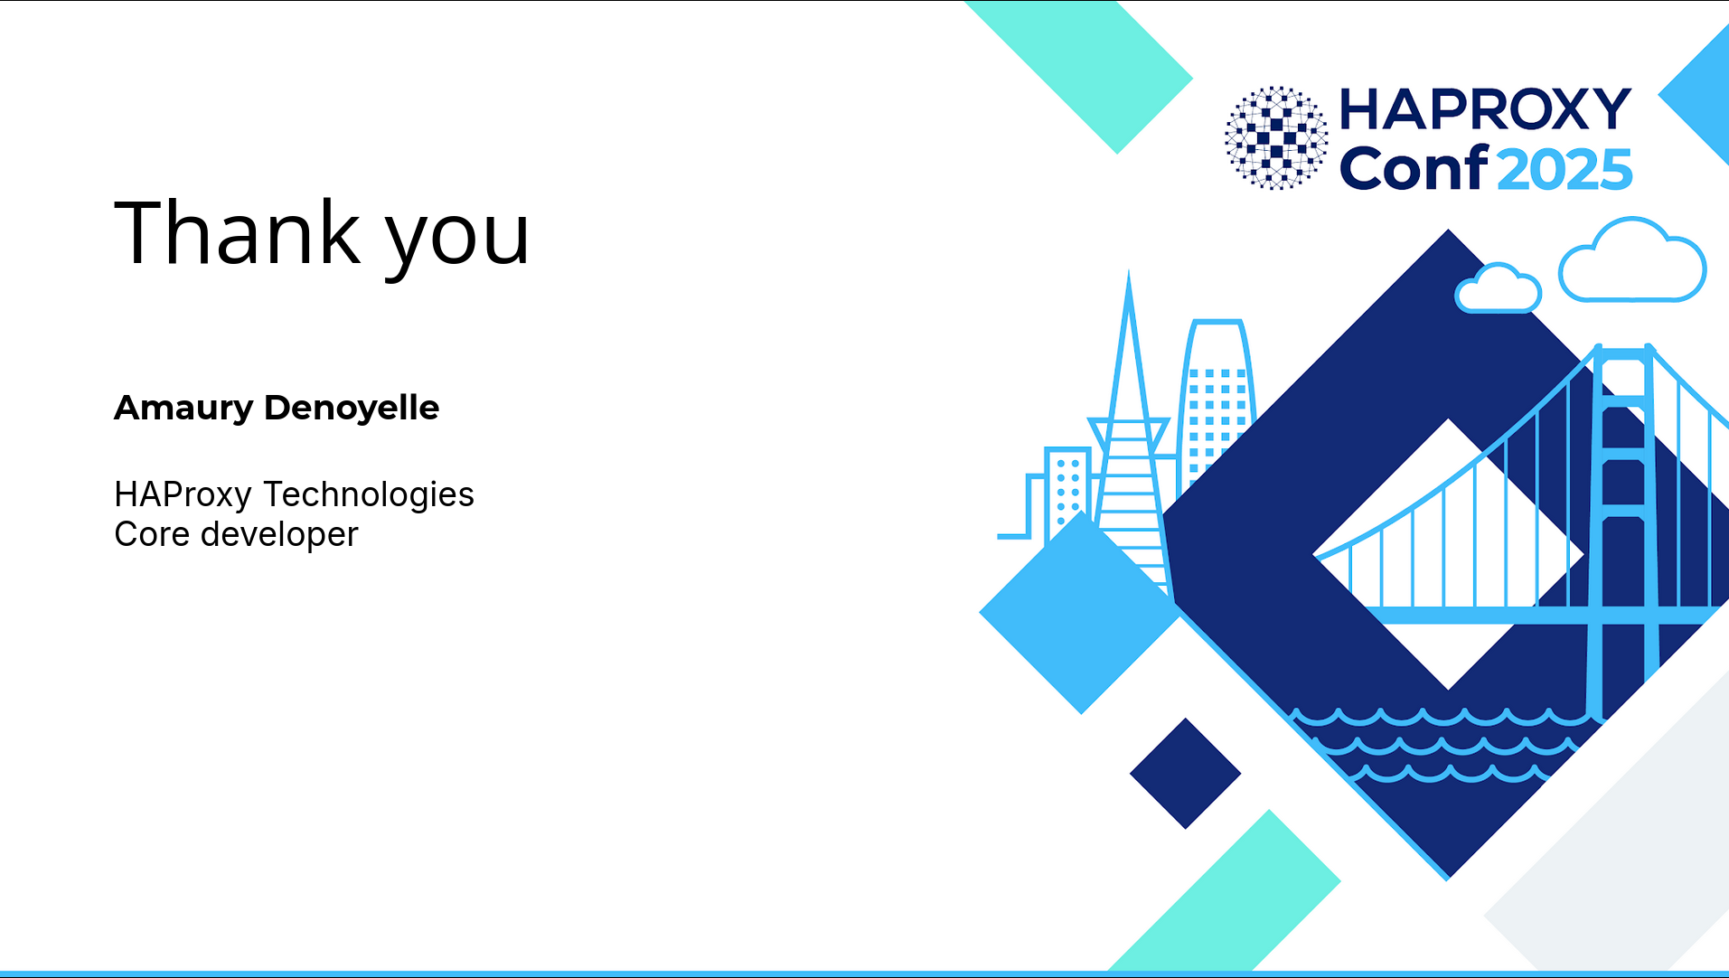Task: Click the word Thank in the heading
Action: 238,232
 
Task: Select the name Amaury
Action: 183,409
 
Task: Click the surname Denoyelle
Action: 352,407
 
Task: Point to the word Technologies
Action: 369,495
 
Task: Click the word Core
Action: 152,534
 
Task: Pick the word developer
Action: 279,535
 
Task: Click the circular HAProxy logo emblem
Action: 1276,137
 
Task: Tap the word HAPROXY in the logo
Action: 1485,109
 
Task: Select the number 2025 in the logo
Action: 1565,169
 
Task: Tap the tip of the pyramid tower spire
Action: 1129,271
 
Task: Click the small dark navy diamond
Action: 1185,774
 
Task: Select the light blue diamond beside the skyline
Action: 1081,612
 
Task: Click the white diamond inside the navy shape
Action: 1448,554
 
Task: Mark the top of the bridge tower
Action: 1624,346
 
